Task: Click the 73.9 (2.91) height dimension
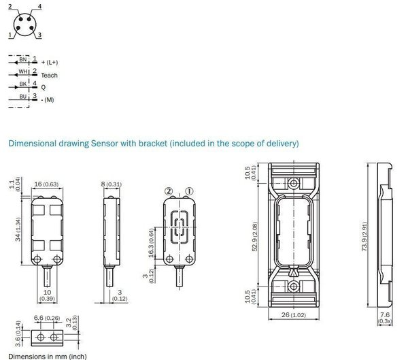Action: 364,236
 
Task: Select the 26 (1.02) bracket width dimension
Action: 294,314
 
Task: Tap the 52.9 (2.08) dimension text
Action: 255,236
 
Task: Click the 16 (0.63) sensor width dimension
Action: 46,184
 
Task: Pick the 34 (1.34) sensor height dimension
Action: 18,229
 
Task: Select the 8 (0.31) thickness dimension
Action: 112,184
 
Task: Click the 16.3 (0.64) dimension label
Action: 152,243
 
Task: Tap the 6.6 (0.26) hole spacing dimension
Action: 47,318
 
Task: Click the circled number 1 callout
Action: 189,191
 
